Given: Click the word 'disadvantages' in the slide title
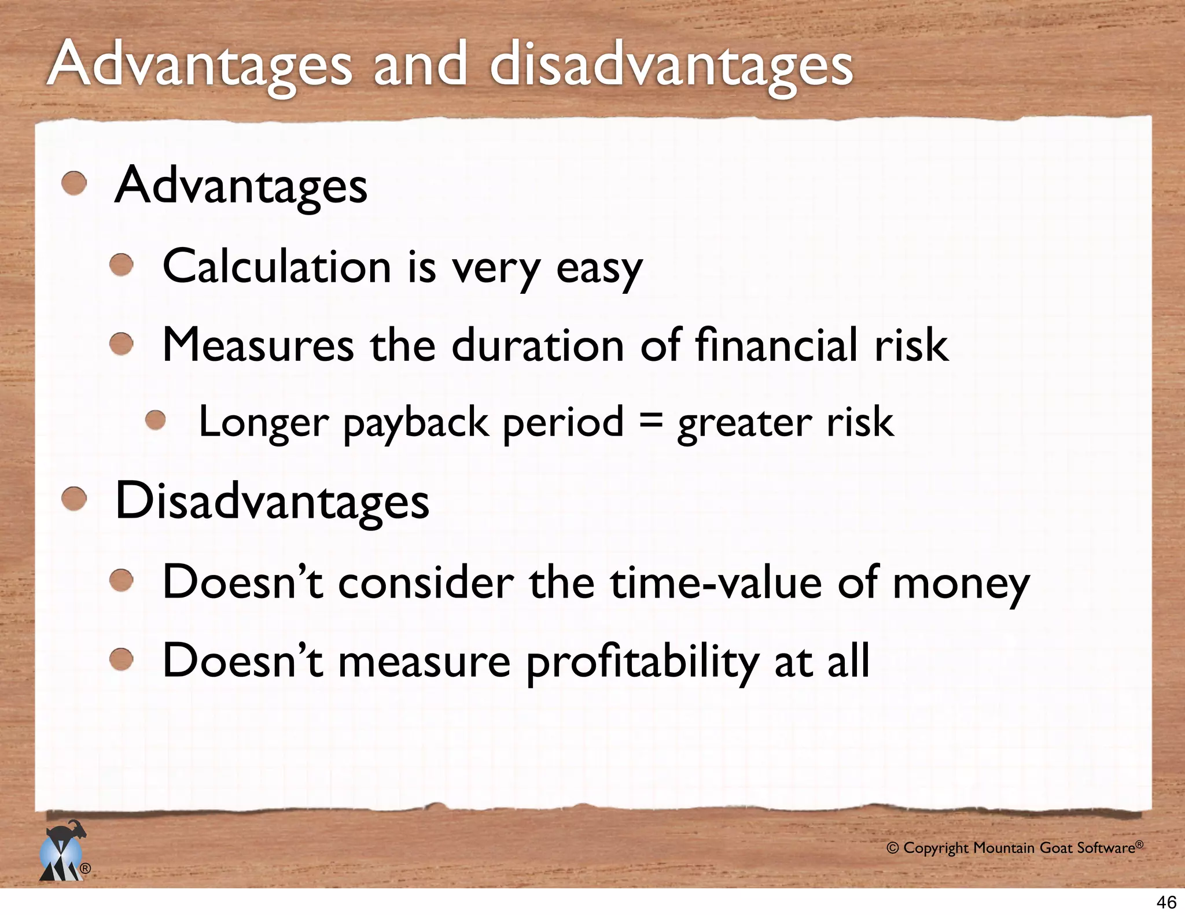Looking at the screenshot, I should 671,65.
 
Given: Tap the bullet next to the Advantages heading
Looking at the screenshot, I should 74,185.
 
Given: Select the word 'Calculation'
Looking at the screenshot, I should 277,267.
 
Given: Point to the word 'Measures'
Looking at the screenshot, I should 258,345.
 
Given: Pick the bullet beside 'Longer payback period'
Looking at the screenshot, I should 156,420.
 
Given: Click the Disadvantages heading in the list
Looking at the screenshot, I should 272,501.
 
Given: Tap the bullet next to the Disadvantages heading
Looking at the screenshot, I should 74,499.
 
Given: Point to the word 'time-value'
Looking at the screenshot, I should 716,582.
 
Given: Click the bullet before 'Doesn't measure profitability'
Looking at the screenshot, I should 122,660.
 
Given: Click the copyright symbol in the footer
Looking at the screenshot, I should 892,848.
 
